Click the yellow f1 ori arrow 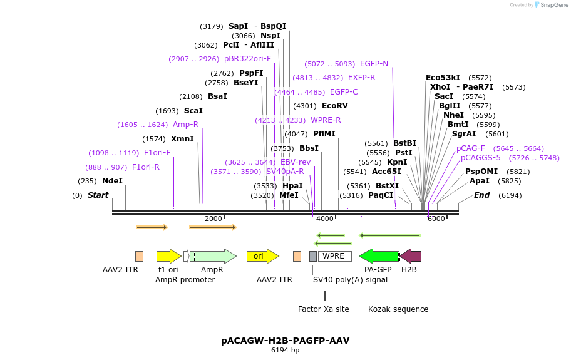(168, 255)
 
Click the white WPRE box (334, 256)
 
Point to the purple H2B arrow (411, 255)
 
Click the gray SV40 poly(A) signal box (313, 256)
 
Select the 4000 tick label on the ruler (324, 219)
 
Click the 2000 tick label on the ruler (213, 219)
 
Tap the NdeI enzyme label (112, 181)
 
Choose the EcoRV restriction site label (334, 106)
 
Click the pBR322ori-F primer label (247, 59)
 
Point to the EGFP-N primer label (374, 64)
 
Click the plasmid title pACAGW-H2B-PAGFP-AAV (285, 341)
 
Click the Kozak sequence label (398, 309)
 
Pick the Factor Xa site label (323, 309)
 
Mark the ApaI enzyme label (480, 181)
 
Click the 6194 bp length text (285, 351)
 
